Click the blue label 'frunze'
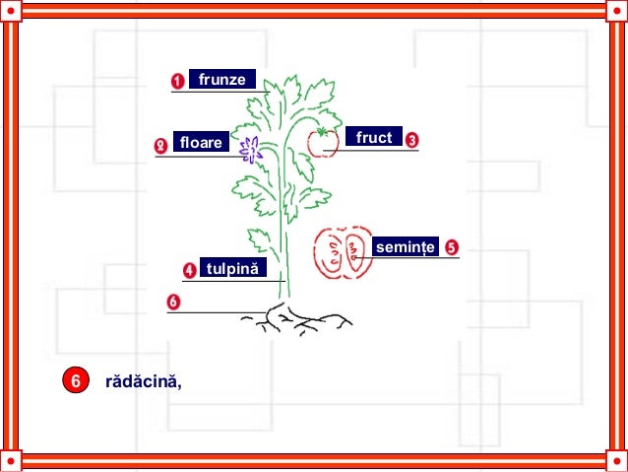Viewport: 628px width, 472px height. [222, 79]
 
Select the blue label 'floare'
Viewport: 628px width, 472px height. [201, 143]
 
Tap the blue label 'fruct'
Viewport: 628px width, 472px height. [374, 138]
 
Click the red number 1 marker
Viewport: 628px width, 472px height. [178, 81]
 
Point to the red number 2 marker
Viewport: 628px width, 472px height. [161, 145]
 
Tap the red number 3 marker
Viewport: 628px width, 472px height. [411, 141]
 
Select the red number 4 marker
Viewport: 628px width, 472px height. [189, 269]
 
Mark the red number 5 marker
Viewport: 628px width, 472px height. [451, 246]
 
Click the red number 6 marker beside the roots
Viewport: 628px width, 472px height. [173, 301]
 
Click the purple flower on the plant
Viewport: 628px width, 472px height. [251, 149]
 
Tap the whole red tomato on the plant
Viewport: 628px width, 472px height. [322, 143]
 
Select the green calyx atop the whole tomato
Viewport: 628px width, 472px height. [321, 131]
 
